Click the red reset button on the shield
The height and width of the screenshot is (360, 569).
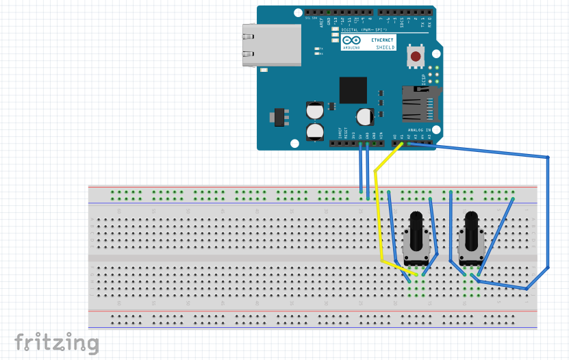tap(416, 57)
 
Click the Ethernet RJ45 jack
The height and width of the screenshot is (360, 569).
tap(270, 45)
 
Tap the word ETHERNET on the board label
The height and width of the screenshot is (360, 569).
tap(382, 41)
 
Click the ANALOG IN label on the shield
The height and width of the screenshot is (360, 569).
tap(420, 129)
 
